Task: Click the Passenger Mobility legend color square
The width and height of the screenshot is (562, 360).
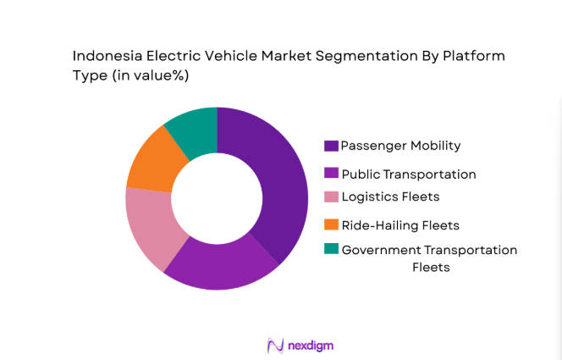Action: [x=332, y=146]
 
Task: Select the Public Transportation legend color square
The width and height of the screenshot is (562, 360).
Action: [x=332, y=174]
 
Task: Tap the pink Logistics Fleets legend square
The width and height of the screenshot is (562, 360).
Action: [x=332, y=197]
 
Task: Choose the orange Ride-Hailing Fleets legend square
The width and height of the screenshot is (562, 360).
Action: [x=332, y=224]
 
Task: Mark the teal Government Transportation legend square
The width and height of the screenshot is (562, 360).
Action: [x=332, y=249]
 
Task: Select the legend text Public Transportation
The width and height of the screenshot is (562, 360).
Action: [x=408, y=174]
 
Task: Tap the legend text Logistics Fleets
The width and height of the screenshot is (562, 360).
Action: [x=390, y=197]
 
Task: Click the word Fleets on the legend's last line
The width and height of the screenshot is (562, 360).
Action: [x=430, y=267]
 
